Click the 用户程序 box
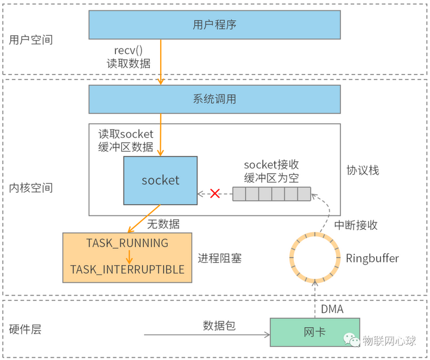pyautogui.click(x=214, y=24)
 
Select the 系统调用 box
pyautogui.click(x=214, y=99)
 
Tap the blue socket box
pyautogui.click(x=160, y=180)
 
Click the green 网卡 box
pyautogui.click(x=315, y=332)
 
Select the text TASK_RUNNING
pyautogui.click(x=127, y=243)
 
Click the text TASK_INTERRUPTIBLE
pyautogui.click(x=127, y=270)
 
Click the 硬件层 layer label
pyautogui.click(x=26, y=330)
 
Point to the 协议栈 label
pyautogui.click(x=363, y=170)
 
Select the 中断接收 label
pyautogui.click(x=356, y=225)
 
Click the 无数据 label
pyautogui.click(x=163, y=224)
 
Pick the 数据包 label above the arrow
pyautogui.click(x=219, y=325)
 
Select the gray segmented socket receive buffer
pyautogui.click(x=272, y=194)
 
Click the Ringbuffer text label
pyautogui.click(x=372, y=258)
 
